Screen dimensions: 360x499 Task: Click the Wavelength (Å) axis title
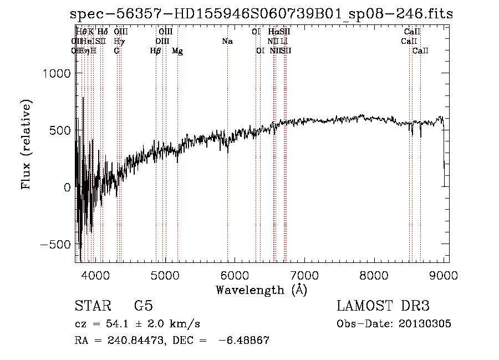pos(261,290)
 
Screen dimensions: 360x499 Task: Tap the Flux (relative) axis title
pos(27,144)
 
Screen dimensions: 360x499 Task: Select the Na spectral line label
pos(227,42)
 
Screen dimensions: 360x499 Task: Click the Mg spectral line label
pos(177,51)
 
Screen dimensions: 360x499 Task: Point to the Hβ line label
pos(155,51)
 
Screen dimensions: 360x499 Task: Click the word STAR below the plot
pos(92,306)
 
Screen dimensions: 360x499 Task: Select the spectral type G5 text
pos(143,306)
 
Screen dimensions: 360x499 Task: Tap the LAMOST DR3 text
pos(383,306)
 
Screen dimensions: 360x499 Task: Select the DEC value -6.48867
pos(245,341)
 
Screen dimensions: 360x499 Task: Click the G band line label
pos(116,51)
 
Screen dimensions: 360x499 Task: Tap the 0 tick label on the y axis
pos(67,187)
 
